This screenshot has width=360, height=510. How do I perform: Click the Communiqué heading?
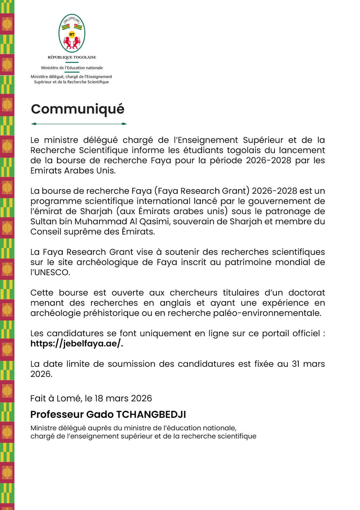pyautogui.click(x=77, y=109)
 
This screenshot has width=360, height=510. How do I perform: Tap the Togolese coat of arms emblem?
pyautogui.click(x=72, y=33)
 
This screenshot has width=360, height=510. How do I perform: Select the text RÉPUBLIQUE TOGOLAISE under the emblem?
pyautogui.click(x=72, y=57)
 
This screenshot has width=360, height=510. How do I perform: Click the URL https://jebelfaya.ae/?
pyautogui.click(x=76, y=344)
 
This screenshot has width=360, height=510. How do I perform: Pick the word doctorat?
pyautogui.click(x=306, y=293)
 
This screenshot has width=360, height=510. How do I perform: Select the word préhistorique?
pyautogui.click(x=111, y=313)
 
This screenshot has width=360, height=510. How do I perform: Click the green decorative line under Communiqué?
pyautogui.click(x=79, y=124)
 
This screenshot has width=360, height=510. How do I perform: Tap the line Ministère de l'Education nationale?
pyautogui.click(x=72, y=68)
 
